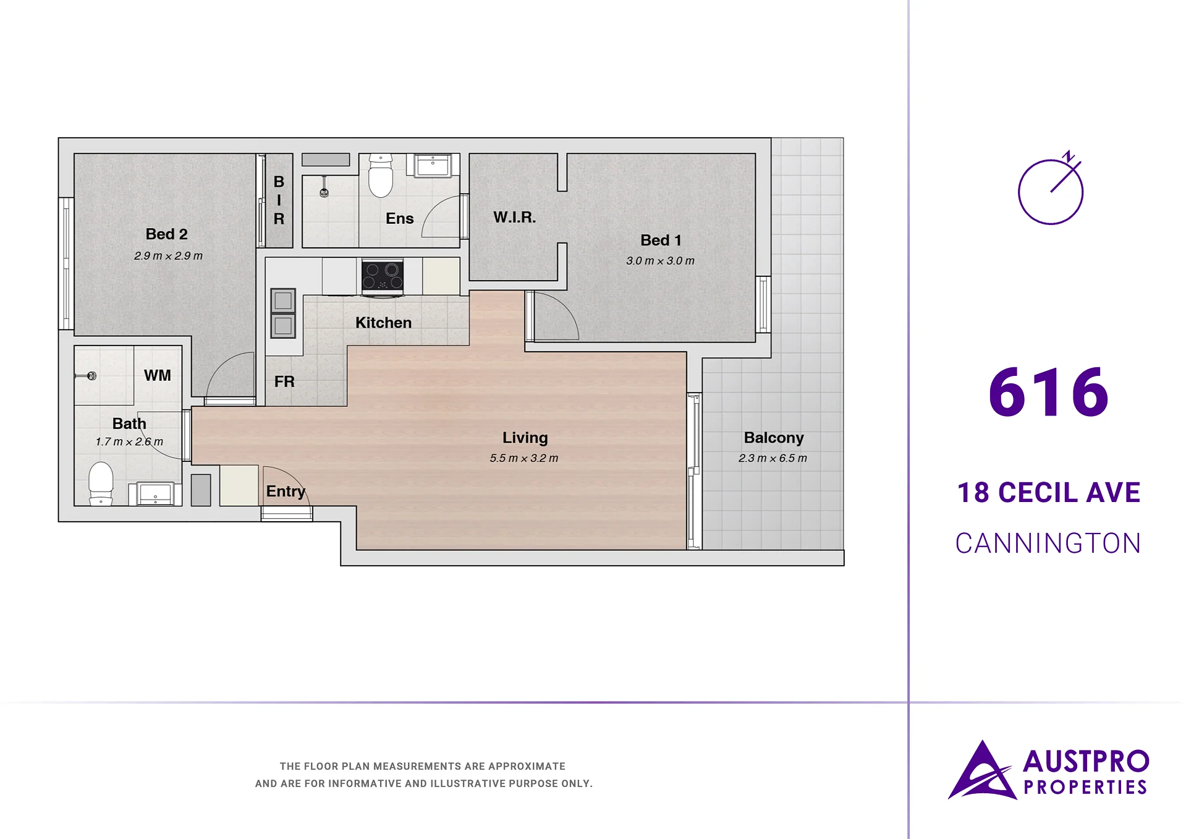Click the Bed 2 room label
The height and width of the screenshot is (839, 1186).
(x=166, y=234)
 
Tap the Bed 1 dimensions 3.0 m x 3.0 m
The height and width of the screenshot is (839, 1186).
(x=660, y=261)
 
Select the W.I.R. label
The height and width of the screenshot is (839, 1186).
(x=514, y=218)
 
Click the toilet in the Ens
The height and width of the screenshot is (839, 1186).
(x=381, y=176)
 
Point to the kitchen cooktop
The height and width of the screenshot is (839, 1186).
(x=383, y=276)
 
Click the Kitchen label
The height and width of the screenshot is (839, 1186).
(x=383, y=323)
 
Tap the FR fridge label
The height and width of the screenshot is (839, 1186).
(x=284, y=381)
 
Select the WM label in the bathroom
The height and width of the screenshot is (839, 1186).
(x=157, y=375)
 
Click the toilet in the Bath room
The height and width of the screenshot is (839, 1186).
(x=101, y=483)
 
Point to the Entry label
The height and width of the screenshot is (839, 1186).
(x=286, y=492)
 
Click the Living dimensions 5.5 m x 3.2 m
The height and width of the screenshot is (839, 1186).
(x=524, y=458)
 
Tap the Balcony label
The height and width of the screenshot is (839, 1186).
(x=774, y=438)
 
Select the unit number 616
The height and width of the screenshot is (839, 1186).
(x=1048, y=392)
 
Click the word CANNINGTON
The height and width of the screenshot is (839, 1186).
(x=1048, y=543)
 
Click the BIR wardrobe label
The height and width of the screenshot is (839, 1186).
(x=279, y=200)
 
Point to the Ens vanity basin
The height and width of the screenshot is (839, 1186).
(x=433, y=165)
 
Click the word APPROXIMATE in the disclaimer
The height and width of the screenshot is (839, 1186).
(x=527, y=767)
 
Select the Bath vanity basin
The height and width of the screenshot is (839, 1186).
(x=155, y=495)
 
